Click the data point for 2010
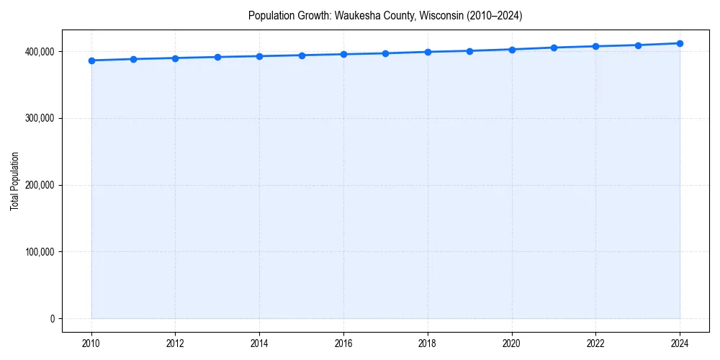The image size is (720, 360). pos(91,60)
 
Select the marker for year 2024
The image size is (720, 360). pos(680,43)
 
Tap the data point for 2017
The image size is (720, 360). pos(386,53)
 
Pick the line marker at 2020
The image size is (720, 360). pos(512,50)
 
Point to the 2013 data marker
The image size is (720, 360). pos(217,57)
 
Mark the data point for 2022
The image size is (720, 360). pos(595,46)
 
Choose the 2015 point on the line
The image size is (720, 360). pos(302,55)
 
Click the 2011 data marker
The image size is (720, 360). pos(133,59)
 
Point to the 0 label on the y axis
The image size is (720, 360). pos(52,319)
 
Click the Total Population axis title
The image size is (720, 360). pos(14,181)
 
